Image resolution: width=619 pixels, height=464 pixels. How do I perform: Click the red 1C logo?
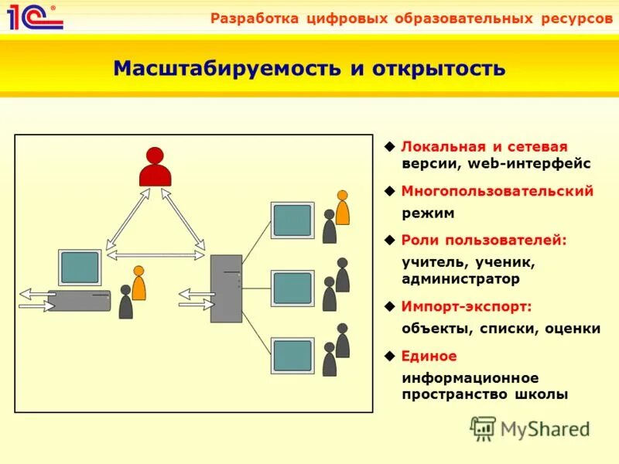[x=34, y=16]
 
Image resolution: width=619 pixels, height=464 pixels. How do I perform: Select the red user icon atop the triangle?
[x=155, y=167]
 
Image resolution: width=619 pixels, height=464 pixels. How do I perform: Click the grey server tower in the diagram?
[x=226, y=288]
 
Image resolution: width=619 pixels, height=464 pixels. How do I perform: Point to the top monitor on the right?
[x=292, y=220]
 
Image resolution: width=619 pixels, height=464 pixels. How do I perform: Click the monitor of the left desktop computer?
[x=80, y=268]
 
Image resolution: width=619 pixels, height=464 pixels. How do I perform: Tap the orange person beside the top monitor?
[x=342, y=207]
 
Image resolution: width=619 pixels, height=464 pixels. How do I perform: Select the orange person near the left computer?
[x=139, y=284]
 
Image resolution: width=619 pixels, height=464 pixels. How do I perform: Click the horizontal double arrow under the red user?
[x=156, y=254]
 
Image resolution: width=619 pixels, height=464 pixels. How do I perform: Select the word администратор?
[x=460, y=278]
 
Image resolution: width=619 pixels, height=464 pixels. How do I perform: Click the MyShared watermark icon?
[x=484, y=428]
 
